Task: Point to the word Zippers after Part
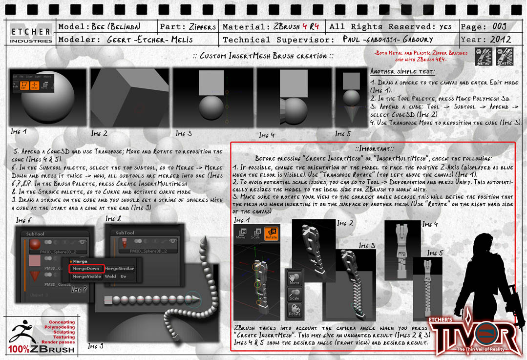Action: pyautogui.click(x=202, y=26)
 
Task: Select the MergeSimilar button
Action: pyautogui.click(x=119, y=269)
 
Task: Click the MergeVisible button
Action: pyautogui.click(x=86, y=276)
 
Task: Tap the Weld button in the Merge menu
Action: pyautogui.click(x=110, y=276)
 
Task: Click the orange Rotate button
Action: pyautogui.click(x=271, y=233)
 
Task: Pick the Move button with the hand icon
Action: pyautogui.click(x=295, y=279)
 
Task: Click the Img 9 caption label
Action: pyautogui.click(x=96, y=346)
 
